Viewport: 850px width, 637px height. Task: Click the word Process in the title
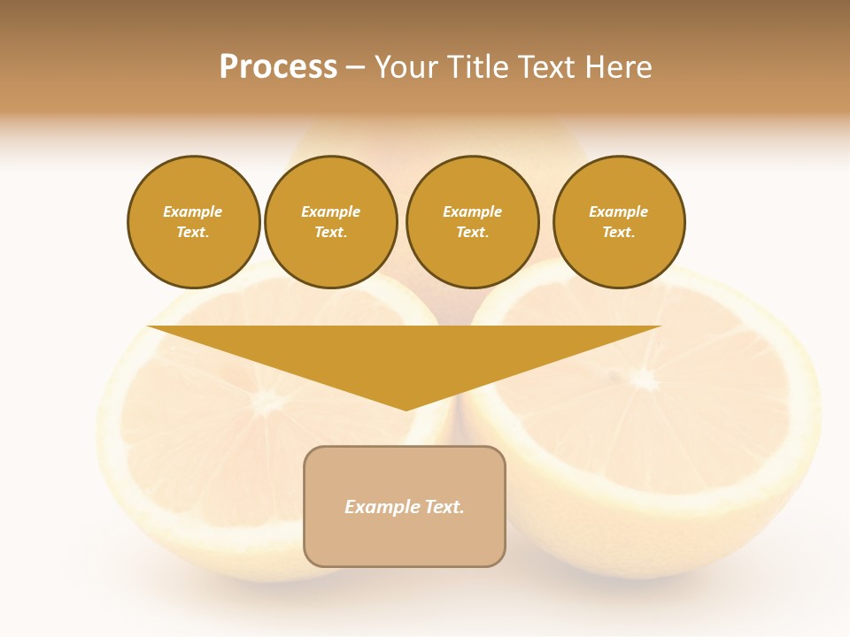click(x=278, y=67)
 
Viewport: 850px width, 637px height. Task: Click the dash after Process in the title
click(x=355, y=68)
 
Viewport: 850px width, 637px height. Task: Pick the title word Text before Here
click(x=547, y=67)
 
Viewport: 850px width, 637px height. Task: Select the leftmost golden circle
click(x=194, y=222)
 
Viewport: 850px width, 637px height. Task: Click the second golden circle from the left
click(x=331, y=222)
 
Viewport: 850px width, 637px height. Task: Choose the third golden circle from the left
click(x=472, y=222)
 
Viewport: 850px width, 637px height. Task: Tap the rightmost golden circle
click(x=619, y=222)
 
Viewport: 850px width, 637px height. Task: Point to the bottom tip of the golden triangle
click(x=406, y=408)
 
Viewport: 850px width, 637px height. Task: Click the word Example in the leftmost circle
click(x=193, y=211)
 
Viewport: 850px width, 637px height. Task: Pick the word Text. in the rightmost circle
click(x=619, y=233)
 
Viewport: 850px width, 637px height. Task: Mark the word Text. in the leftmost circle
click(x=193, y=233)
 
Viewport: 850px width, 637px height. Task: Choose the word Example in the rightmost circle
click(x=619, y=211)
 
